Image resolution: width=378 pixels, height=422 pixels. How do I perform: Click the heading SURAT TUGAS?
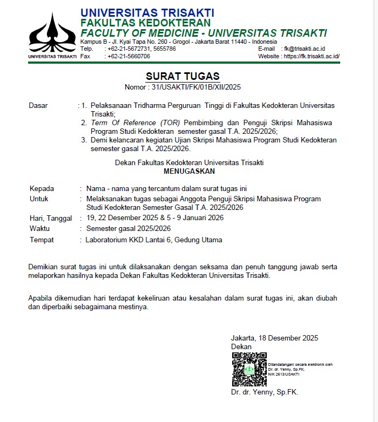click(183, 76)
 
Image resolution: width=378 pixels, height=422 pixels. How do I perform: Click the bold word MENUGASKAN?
click(189, 171)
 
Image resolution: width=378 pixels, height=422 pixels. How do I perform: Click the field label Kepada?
click(42, 188)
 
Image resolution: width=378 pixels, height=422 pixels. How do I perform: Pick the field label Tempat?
click(42, 240)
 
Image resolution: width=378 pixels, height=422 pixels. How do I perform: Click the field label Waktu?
click(39, 229)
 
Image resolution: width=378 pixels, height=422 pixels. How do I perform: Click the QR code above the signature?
click(249, 369)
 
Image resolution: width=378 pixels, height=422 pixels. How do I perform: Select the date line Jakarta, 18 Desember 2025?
click(274, 338)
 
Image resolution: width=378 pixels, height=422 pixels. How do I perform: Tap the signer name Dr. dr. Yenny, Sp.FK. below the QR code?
click(264, 392)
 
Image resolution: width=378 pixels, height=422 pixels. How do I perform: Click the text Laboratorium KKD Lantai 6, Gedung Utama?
click(154, 240)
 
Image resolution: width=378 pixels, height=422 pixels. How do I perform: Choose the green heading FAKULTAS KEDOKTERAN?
click(145, 23)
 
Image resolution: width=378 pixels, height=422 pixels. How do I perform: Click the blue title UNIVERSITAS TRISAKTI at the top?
click(147, 12)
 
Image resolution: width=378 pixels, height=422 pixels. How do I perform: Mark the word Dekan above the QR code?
click(241, 346)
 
